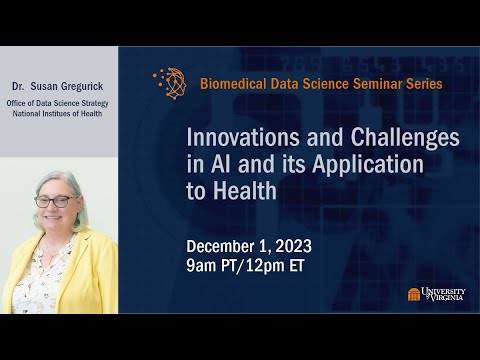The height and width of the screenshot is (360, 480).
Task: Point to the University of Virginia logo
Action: pos(436,294)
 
